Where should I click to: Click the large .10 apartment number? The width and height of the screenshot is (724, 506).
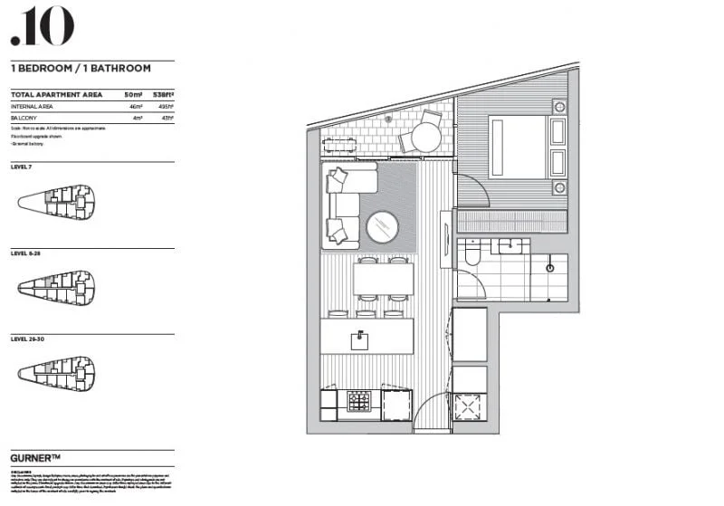pyautogui.click(x=42, y=26)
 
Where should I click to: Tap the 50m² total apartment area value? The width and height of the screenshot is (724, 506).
pyautogui.click(x=132, y=94)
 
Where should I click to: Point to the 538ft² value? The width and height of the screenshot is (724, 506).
pyautogui.click(x=162, y=94)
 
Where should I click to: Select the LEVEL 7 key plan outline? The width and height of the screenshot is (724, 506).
pyautogui.click(x=56, y=201)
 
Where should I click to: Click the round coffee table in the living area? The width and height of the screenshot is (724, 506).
pyautogui.click(x=382, y=228)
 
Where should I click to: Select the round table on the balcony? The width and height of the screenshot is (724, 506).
pyautogui.click(x=419, y=138)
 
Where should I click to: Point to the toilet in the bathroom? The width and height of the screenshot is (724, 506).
pyautogui.click(x=470, y=257)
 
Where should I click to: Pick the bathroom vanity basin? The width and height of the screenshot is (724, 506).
pyautogui.click(x=510, y=244)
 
